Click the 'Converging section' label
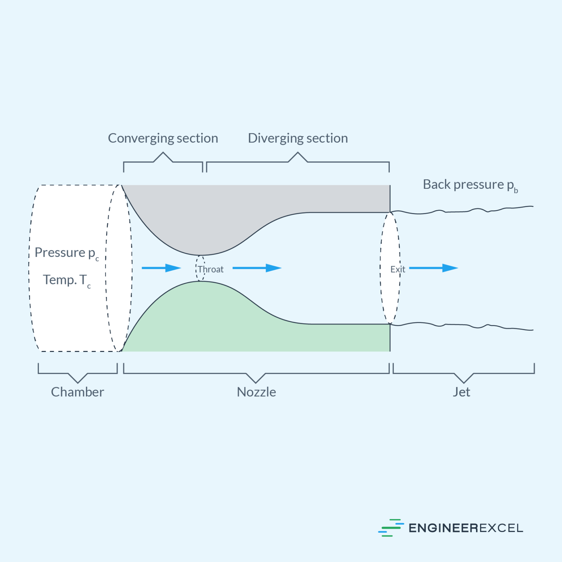[163, 138]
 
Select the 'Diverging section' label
[298, 138]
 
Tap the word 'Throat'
[211, 269]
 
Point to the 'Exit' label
[398, 269]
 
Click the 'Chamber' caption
[77, 392]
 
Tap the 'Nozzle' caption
[256, 392]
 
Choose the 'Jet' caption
[461, 392]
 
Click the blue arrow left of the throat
[161, 268]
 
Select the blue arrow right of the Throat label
[256, 268]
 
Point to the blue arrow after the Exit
[433, 268]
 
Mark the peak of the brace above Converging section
[163, 153]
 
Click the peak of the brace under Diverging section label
[298, 153]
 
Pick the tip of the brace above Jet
[464, 383]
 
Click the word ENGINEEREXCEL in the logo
[465, 528]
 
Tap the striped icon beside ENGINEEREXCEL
[391, 528]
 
